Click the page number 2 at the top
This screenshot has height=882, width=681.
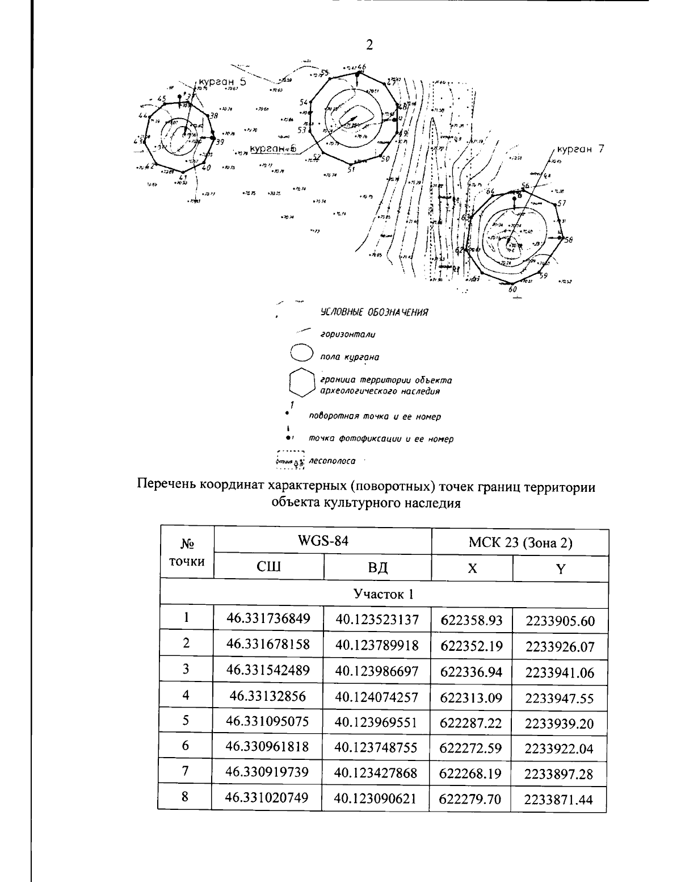click(369, 45)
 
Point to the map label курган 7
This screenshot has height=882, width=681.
click(580, 149)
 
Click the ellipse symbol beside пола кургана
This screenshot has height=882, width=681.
click(301, 353)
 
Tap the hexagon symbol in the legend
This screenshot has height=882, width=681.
click(301, 382)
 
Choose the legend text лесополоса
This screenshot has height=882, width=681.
click(332, 461)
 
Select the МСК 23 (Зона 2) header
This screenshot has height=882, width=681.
click(520, 543)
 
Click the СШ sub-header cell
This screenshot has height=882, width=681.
click(268, 567)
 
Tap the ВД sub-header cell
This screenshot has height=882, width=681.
click(377, 567)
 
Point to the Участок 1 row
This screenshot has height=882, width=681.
click(383, 594)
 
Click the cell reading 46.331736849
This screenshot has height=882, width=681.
click(268, 619)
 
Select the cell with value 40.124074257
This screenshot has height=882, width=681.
click(377, 696)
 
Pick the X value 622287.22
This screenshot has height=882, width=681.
click(472, 722)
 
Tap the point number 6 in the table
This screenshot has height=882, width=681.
click(186, 746)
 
